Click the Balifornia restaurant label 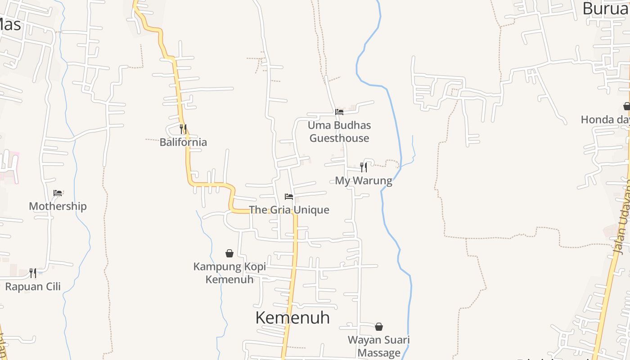(x=183, y=142)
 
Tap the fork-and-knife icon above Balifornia (x=183, y=129)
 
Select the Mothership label (x=58, y=206)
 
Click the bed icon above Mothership (x=58, y=193)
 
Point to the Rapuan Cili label (x=33, y=286)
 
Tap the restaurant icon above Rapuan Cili (x=33, y=273)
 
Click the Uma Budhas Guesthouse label (x=339, y=131)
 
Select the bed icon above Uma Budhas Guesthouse (x=339, y=112)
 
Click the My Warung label (x=364, y=180)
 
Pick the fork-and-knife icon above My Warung (x=364, y=167)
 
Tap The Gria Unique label (x=295, y=210)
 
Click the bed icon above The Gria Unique (x=289, y=197)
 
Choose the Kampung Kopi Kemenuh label (x=229, y=273)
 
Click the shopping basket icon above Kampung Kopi (x=229, y=253)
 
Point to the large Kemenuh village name (x=292, y=318)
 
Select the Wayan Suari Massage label (x=379, y=346)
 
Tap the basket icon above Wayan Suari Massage (x=379, y=326)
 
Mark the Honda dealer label (x=604, y=119)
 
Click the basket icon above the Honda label (x=626, y=106)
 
